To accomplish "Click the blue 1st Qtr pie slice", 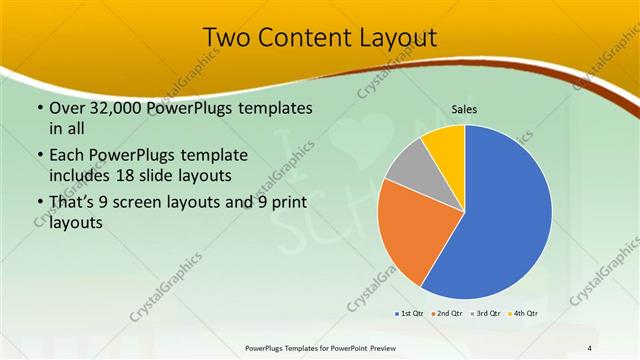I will click(505, 215).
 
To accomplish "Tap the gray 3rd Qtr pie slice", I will click(409, 165).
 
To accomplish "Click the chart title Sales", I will click(464, 108).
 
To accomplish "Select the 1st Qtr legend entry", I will click(408, 313).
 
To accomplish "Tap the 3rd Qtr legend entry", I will click(488, 313).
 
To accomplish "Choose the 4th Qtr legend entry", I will click(525, 313).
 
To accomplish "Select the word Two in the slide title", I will click(225, 37).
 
